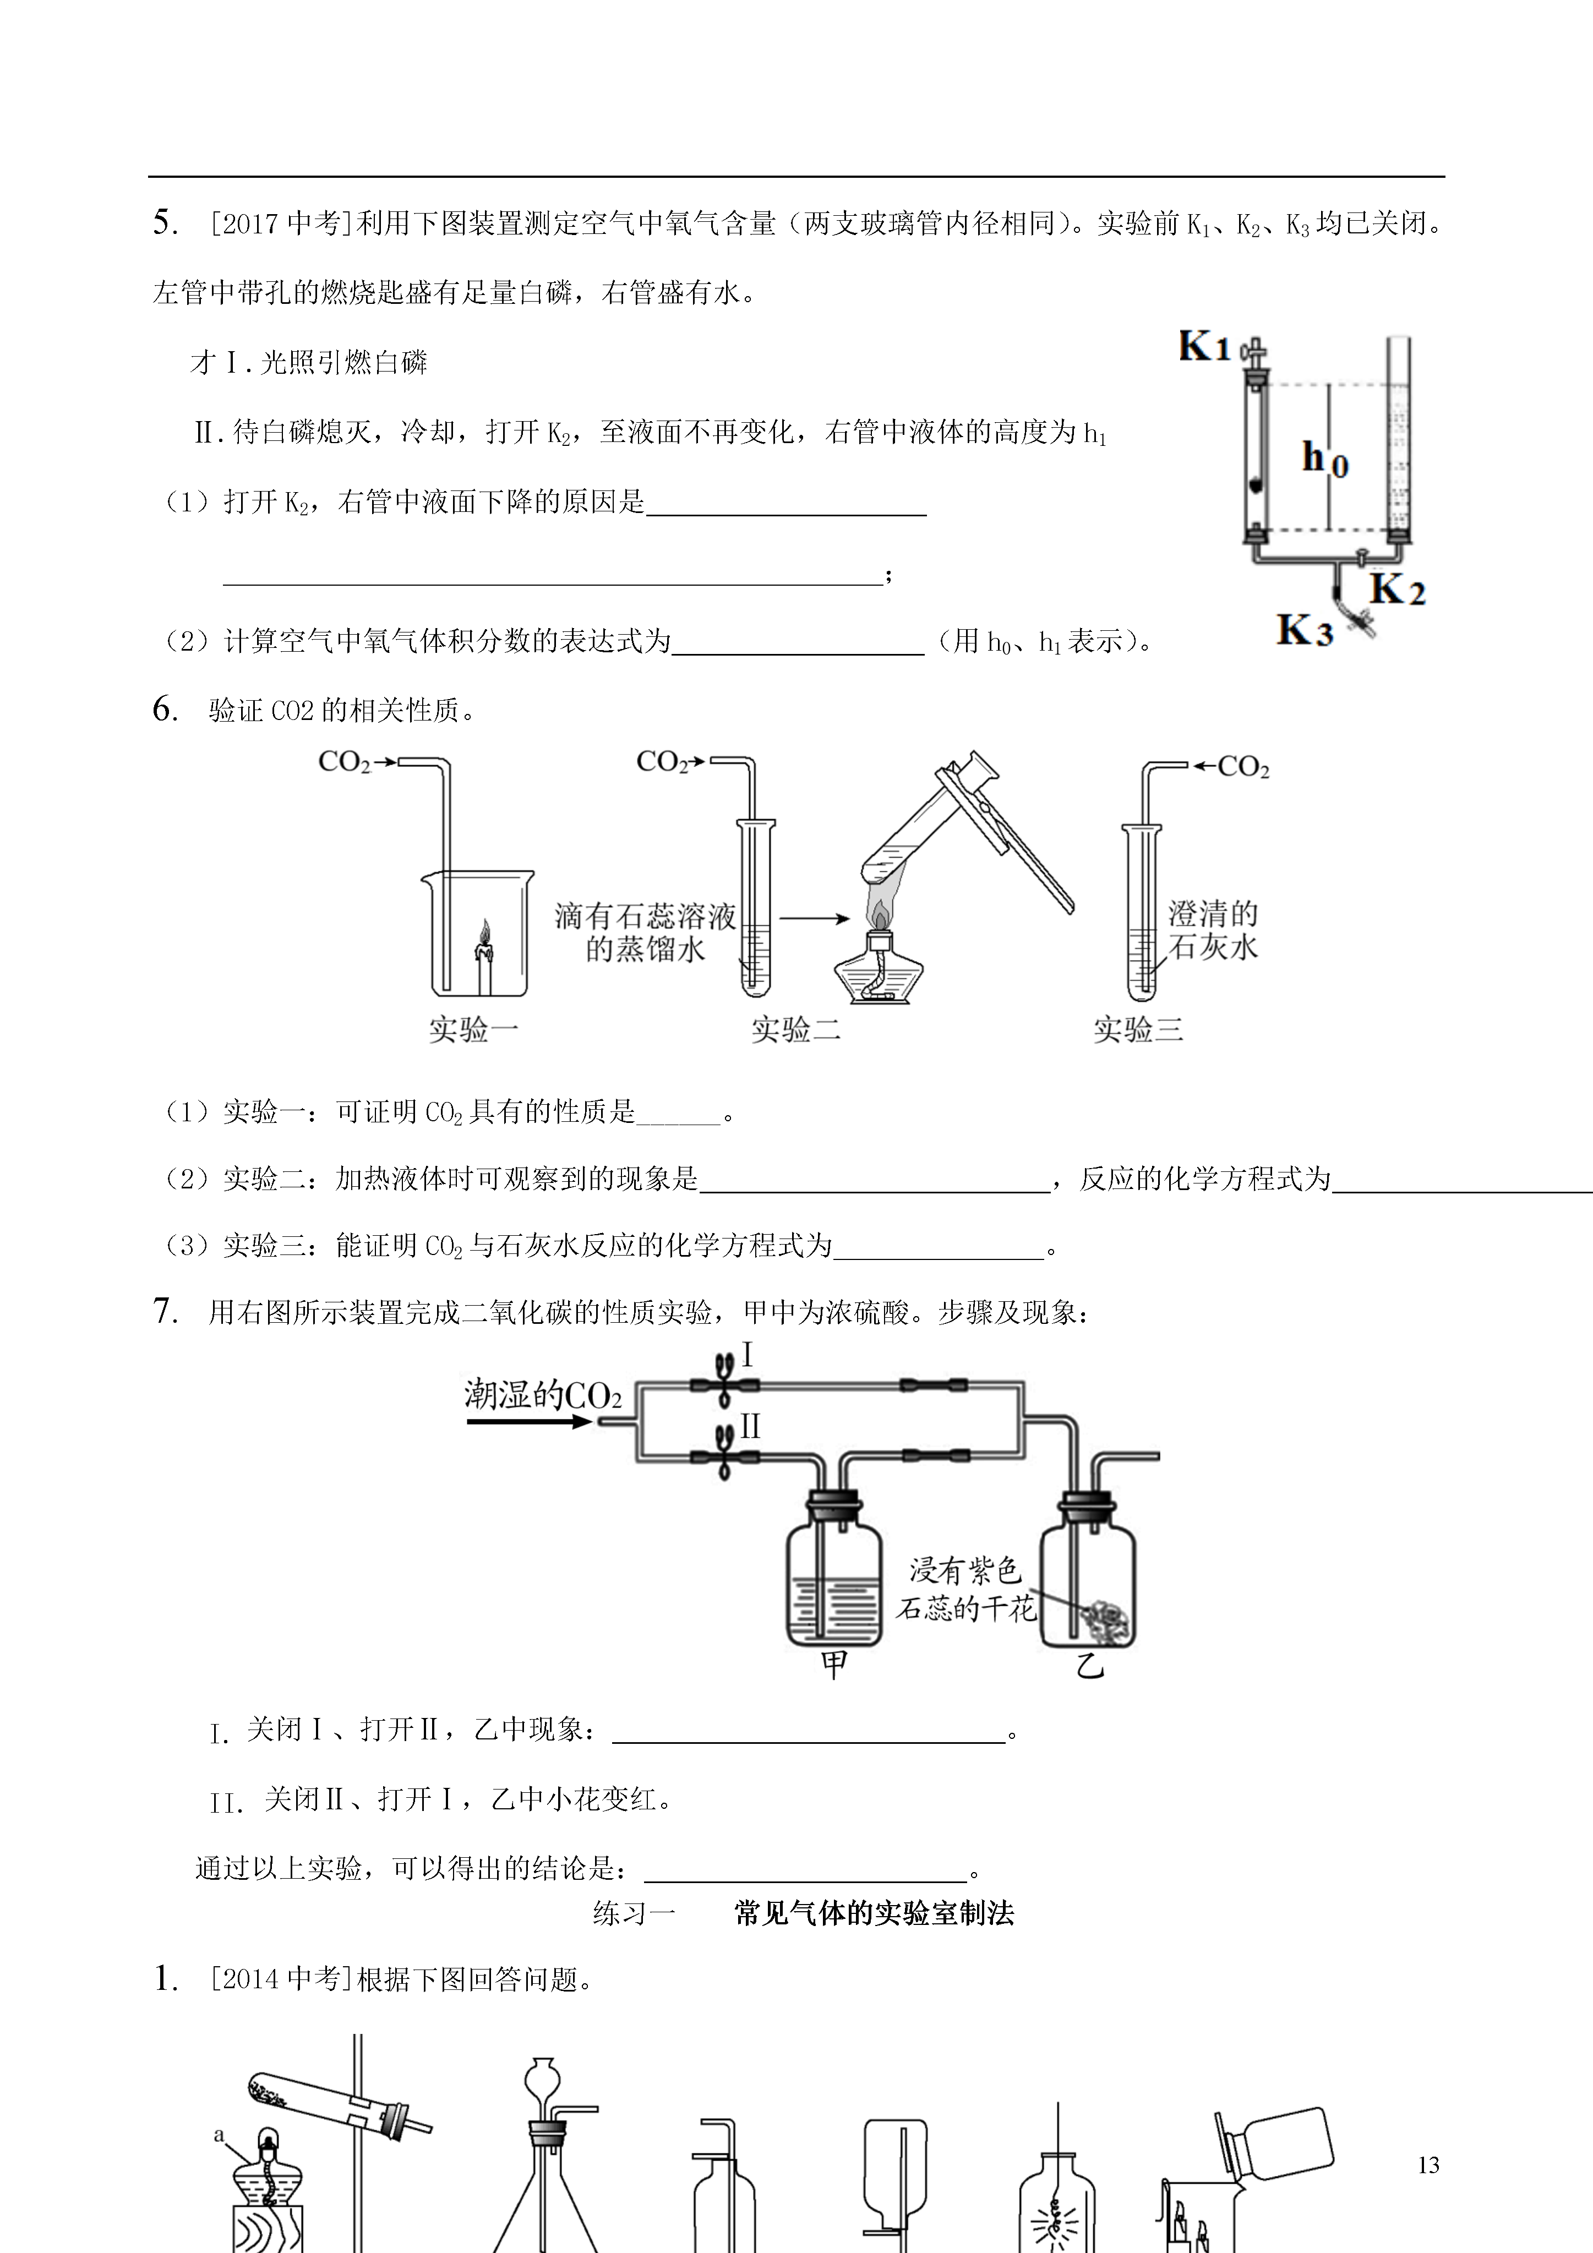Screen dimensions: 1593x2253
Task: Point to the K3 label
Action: coord(1305,629)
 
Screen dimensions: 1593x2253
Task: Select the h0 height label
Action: coord(1325,459)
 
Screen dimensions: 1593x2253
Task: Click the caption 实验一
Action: coord(473,1029)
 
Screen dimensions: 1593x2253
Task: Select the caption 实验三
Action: coord(1138,1029)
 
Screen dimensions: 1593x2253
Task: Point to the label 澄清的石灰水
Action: coord(1212,930)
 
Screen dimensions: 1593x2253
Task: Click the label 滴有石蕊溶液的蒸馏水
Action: coord(645,933)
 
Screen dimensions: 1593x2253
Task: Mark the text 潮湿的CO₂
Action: coord(543,1394)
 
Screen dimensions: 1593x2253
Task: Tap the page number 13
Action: coord(1428,2165)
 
